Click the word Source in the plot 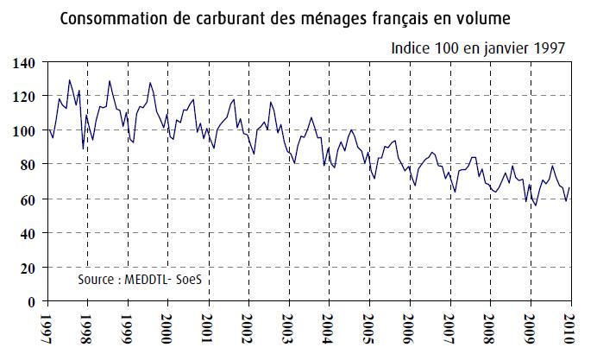click(99, 281)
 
